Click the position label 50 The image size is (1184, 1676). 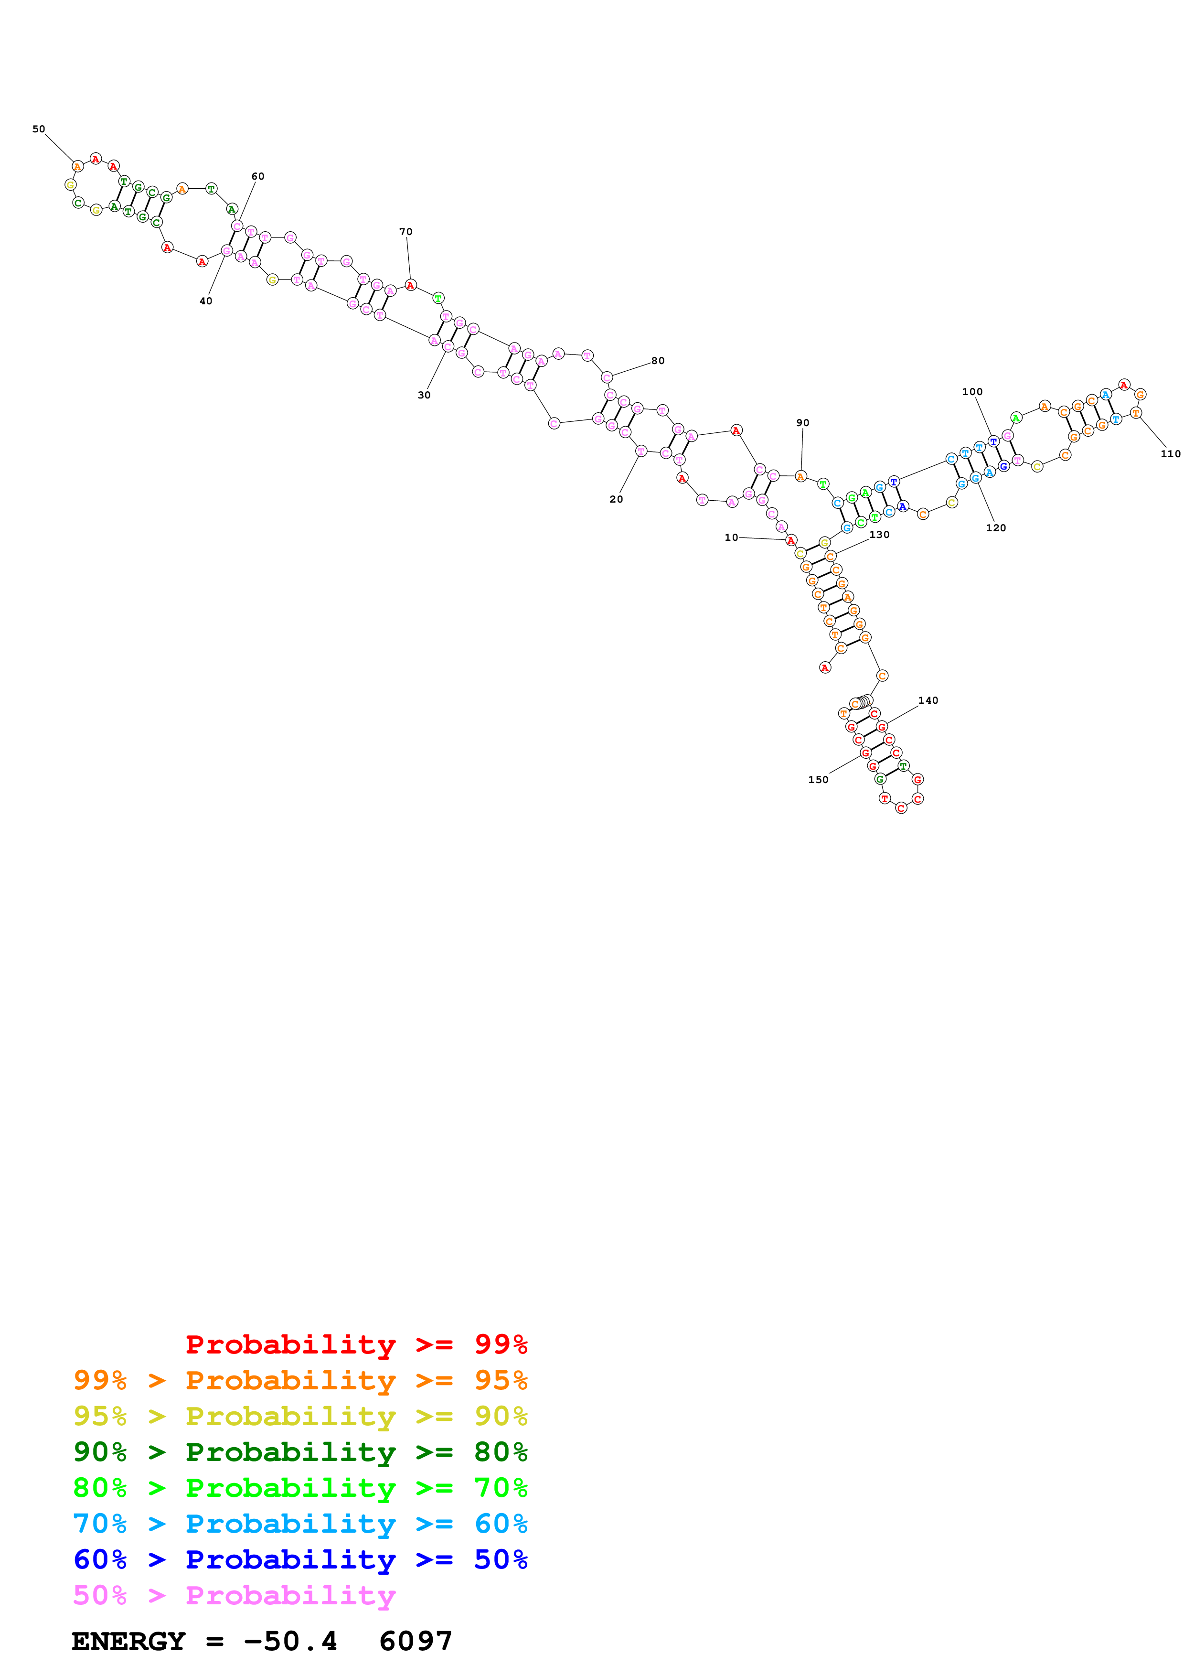coord(39,129)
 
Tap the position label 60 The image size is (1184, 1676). coord(257,177)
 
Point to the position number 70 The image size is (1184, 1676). coord(405,232)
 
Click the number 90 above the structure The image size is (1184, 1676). coord(802,423)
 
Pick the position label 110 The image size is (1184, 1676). coord(1170,453)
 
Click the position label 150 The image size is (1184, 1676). coord(818,780)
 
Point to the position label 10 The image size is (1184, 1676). coord(731,537)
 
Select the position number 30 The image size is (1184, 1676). coord(424,395)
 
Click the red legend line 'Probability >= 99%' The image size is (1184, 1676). coord(356,1344)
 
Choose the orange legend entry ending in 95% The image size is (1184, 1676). coord(300,1380)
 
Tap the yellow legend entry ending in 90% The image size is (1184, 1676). coord(300,1416)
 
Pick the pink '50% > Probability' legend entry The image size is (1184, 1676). coord(234,1594)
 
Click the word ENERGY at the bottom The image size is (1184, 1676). coord(128,1641)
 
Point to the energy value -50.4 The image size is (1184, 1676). coord(290,1641)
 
